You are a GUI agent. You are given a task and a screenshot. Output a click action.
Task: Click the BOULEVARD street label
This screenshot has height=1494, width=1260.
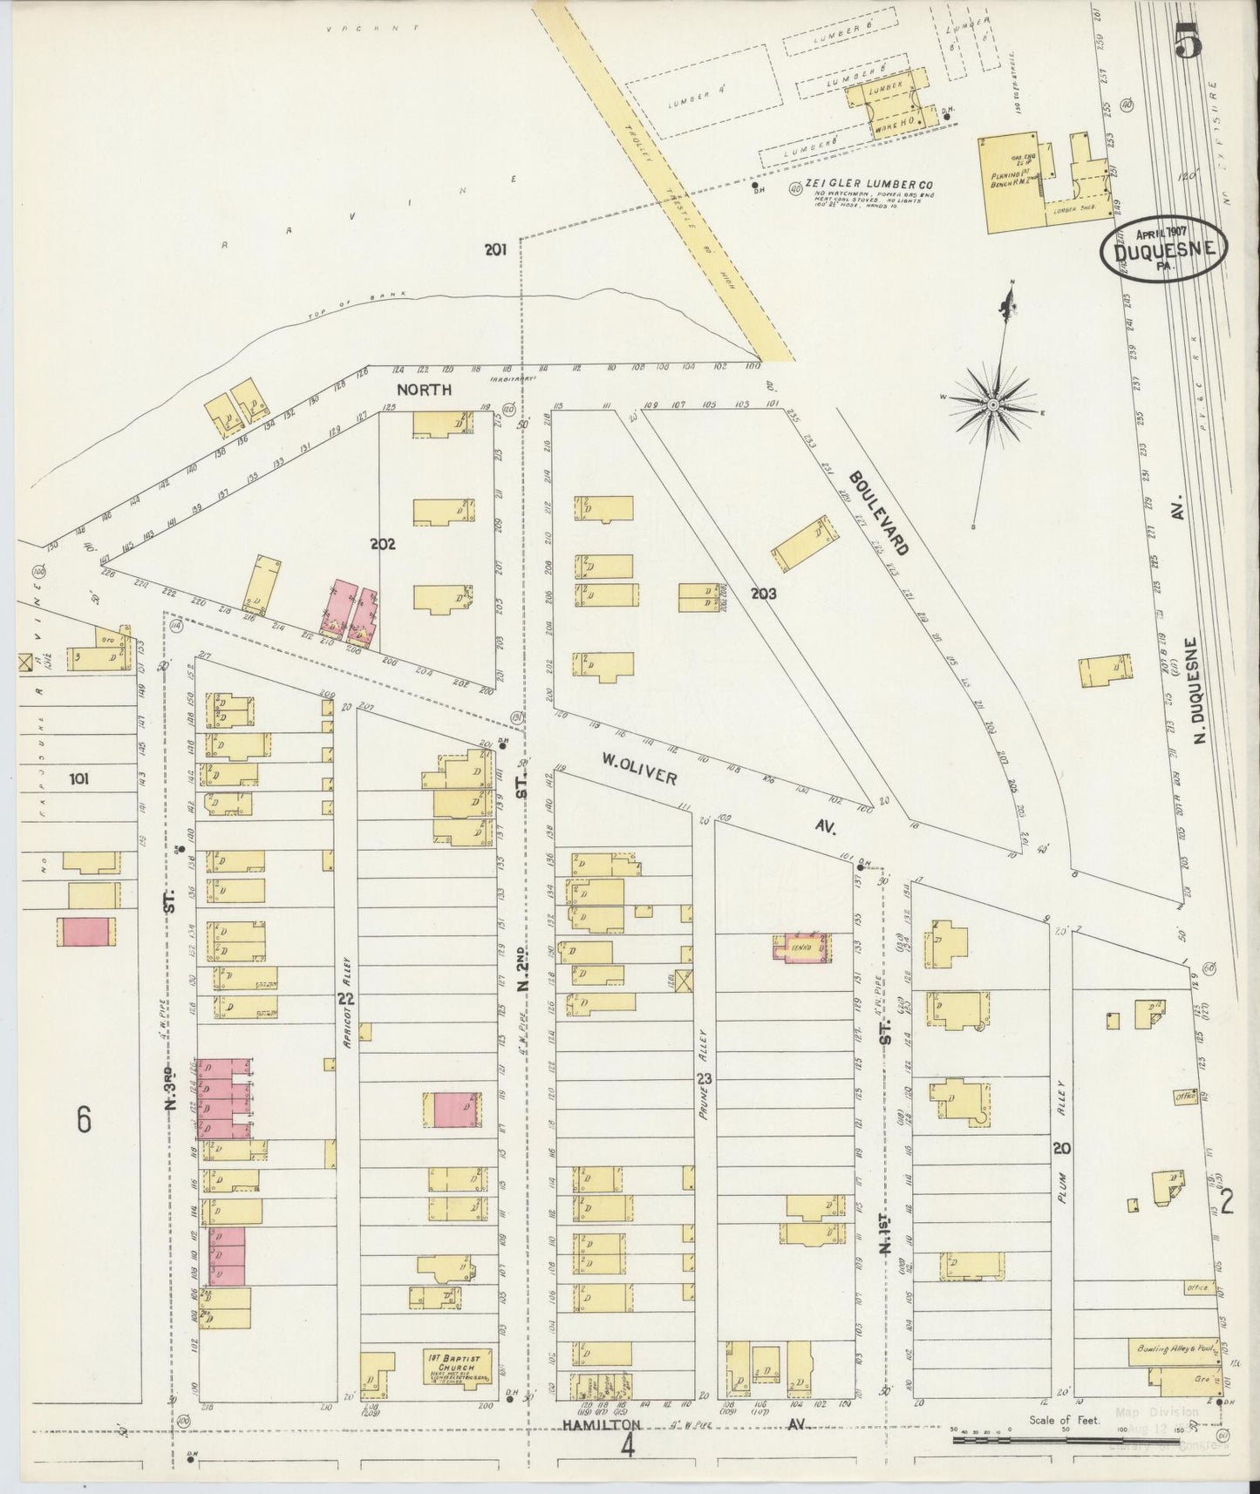click(x=879, y=512)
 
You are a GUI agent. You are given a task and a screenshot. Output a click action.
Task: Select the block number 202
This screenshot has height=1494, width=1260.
click(x=383, y=544)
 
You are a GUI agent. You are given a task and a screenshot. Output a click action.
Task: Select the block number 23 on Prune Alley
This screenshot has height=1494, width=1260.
click(x=705, y=1078)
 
